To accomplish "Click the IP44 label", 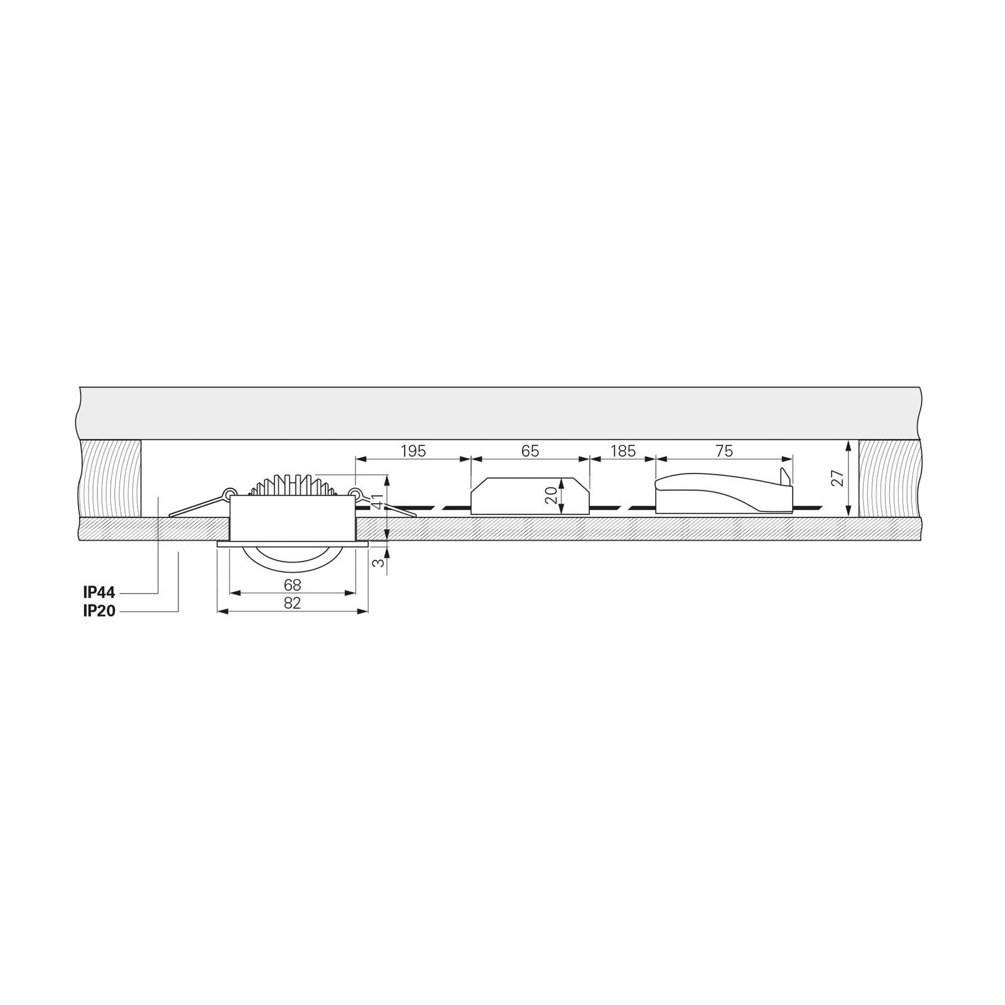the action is (x=99, y=593).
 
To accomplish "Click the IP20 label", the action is (x=99, y=611).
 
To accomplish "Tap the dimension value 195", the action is (x=413, y=451).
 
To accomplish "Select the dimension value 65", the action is (x=530, y=451).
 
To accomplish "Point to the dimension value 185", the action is (x=622, y=451).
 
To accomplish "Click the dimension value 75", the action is (x=724, y=451).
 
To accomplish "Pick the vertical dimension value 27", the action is (x=837, y=479).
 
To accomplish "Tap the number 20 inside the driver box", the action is (x=551, y=496).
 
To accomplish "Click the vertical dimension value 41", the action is (x=378, y=503).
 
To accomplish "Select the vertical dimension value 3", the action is (x=378, y=563).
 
